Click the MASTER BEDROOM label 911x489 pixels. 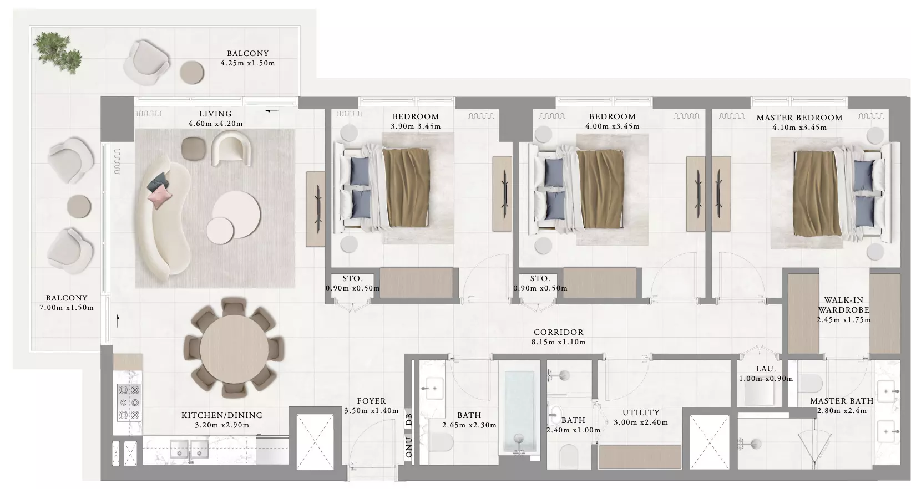click(799, 118)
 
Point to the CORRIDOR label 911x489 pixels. click(558, 332)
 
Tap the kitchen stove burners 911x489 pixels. click(129, 403)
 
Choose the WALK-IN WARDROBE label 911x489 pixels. click(844, 305)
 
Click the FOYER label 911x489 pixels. click(371, 401)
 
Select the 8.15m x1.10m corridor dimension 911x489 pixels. click(558, 342)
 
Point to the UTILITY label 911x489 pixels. click(641, 412)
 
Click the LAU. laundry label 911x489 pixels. click(766, 369)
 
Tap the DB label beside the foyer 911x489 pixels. click(409, 420)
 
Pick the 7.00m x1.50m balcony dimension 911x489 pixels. click(66, 308)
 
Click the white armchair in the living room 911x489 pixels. click(231, 150)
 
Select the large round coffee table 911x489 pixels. click(236, 214)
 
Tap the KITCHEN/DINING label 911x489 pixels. click(222, 415)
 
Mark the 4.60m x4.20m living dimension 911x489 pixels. click(215, 124)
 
